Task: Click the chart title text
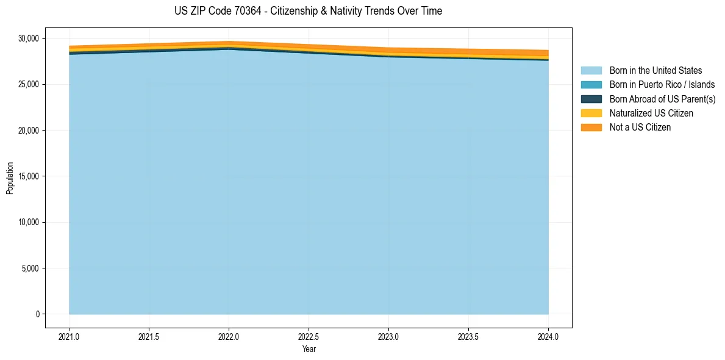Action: tap(308, 11)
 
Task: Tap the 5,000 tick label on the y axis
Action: tap(29, 268)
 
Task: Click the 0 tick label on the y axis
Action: tap(37, 314)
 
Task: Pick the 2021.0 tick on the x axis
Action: tap(70, 336)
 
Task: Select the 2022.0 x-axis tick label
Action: tap(229, 336)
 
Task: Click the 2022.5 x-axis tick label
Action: tap(309, 336)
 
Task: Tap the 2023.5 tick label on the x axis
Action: tap(468, 336)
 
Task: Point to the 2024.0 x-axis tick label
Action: tap(548, 336)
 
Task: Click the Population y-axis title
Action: tap(10, 178)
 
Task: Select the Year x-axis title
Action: tap(309, 349)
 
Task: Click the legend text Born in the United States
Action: tap(655, 71)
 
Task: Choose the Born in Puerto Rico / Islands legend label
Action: tap(662, 85)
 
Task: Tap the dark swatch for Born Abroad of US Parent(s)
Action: tap(591, 99)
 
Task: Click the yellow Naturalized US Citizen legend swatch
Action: tap(591, 113)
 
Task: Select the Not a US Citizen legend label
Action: tap(640, 127)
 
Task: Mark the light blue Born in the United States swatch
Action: tap(591, 71)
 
